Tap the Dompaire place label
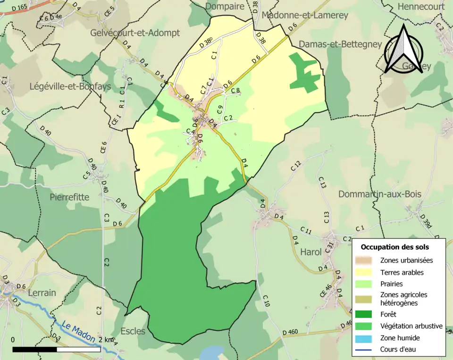[x=225, y=6]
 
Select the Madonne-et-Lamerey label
[x=304, y=15]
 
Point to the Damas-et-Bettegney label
[x=340, y=44]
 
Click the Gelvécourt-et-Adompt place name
[x=135, y=33]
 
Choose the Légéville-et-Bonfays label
[x=70, y=86]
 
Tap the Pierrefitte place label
[x=69, y=197]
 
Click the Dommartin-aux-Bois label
[x=380, y=194]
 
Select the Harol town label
[x=311, y=252]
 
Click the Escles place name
[x=133, y=331]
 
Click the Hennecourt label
[x=421, y=7]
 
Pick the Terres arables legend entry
[x=402, y=272]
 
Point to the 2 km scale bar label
[x=106, y=340]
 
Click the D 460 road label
[x=290, y=333]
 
